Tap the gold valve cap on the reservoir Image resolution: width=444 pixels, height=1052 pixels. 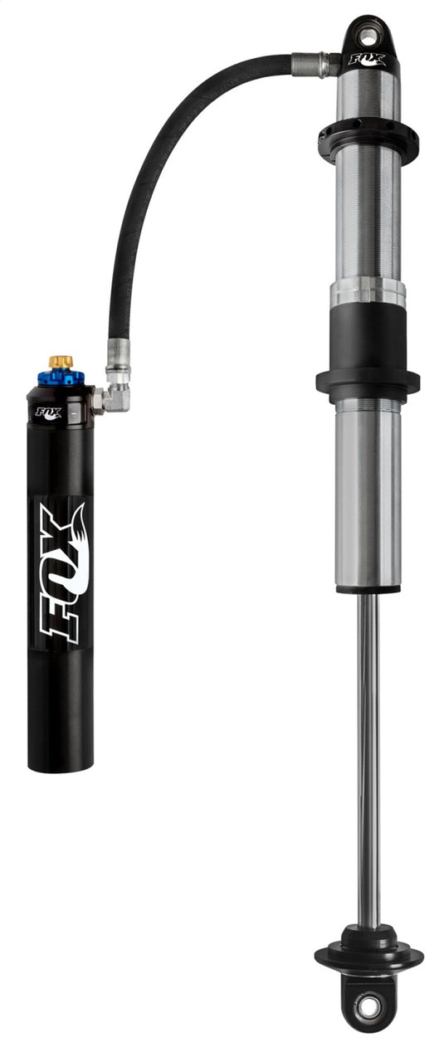tap(61, 362)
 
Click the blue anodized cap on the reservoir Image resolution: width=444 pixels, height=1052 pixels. tap(61, 377)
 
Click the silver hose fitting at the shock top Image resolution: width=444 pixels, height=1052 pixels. tap(314, 62)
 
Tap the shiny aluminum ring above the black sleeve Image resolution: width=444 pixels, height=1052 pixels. tap(368, 291)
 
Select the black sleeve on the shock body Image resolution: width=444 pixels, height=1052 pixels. tap(368, 340)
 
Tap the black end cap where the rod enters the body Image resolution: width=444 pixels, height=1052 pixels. tap(368, 588)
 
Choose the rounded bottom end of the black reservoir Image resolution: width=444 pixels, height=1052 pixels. tap(61, 763)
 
